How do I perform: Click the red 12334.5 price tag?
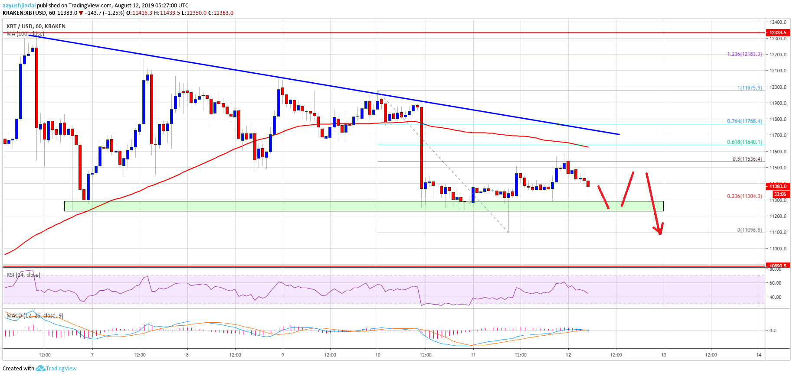(778, 32)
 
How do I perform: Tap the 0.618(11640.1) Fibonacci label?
(744, 142)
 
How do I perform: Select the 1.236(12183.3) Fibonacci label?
(744, 55)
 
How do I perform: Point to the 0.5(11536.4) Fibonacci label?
(747, 159)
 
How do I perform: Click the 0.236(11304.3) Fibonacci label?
(744, 196)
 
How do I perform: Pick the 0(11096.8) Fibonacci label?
(749, 230)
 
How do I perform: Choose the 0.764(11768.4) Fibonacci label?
(744, 121)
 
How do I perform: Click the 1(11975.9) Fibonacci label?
(750, 88)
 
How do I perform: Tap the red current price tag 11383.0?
(778, 186)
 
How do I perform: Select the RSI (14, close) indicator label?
(23, 275)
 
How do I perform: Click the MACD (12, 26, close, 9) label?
(35, 316)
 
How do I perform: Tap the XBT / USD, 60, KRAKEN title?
(36, 26)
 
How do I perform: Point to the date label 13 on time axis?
(664, 355)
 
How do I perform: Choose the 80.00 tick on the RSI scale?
(775, 269)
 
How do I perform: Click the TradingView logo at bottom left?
(56, 369)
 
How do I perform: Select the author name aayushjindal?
(19, 6)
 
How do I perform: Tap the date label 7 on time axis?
(92, 355)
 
